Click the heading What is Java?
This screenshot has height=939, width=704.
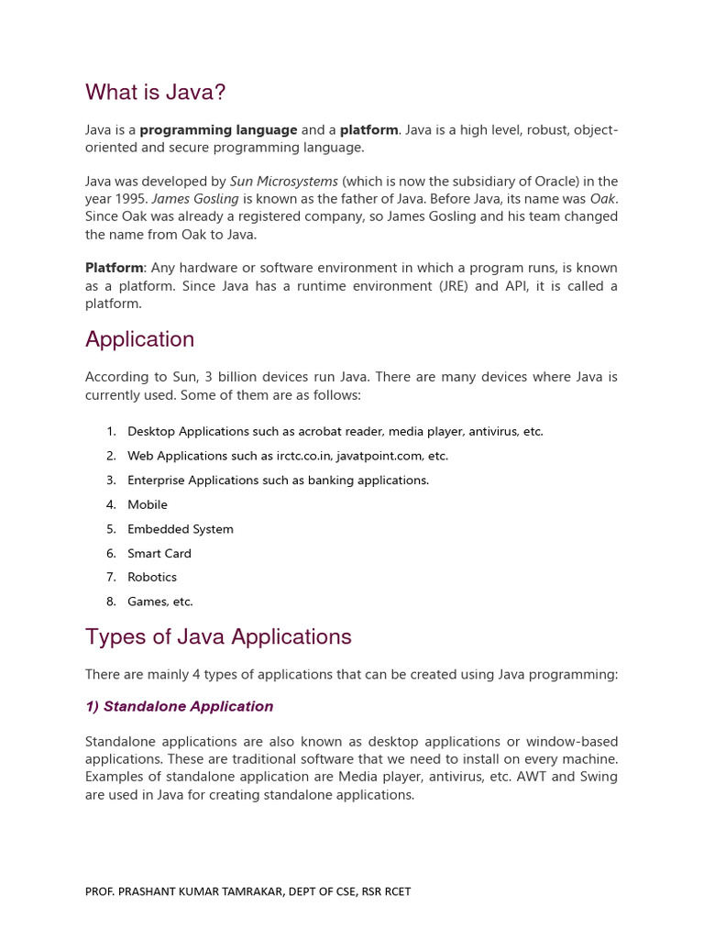click(x=155, y=93)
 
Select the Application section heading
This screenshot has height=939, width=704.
click(x=139, y=339)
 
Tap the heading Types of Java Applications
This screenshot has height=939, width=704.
click(x=218, y=636)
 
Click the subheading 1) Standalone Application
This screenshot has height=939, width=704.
click(x=179, y=706)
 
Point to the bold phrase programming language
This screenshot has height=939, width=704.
click(x=218, y=130)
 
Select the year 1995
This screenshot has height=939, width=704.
click(x=131, y=199)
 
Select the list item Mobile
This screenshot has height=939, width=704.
click(x=148, y=504)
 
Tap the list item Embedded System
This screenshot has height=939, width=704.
click(x=181, y=529)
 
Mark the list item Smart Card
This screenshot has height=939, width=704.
click(x=159, y=553)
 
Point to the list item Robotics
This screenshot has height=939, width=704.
click(x=152, y=577)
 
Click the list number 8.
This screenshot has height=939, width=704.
click(x=111, y=602)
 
